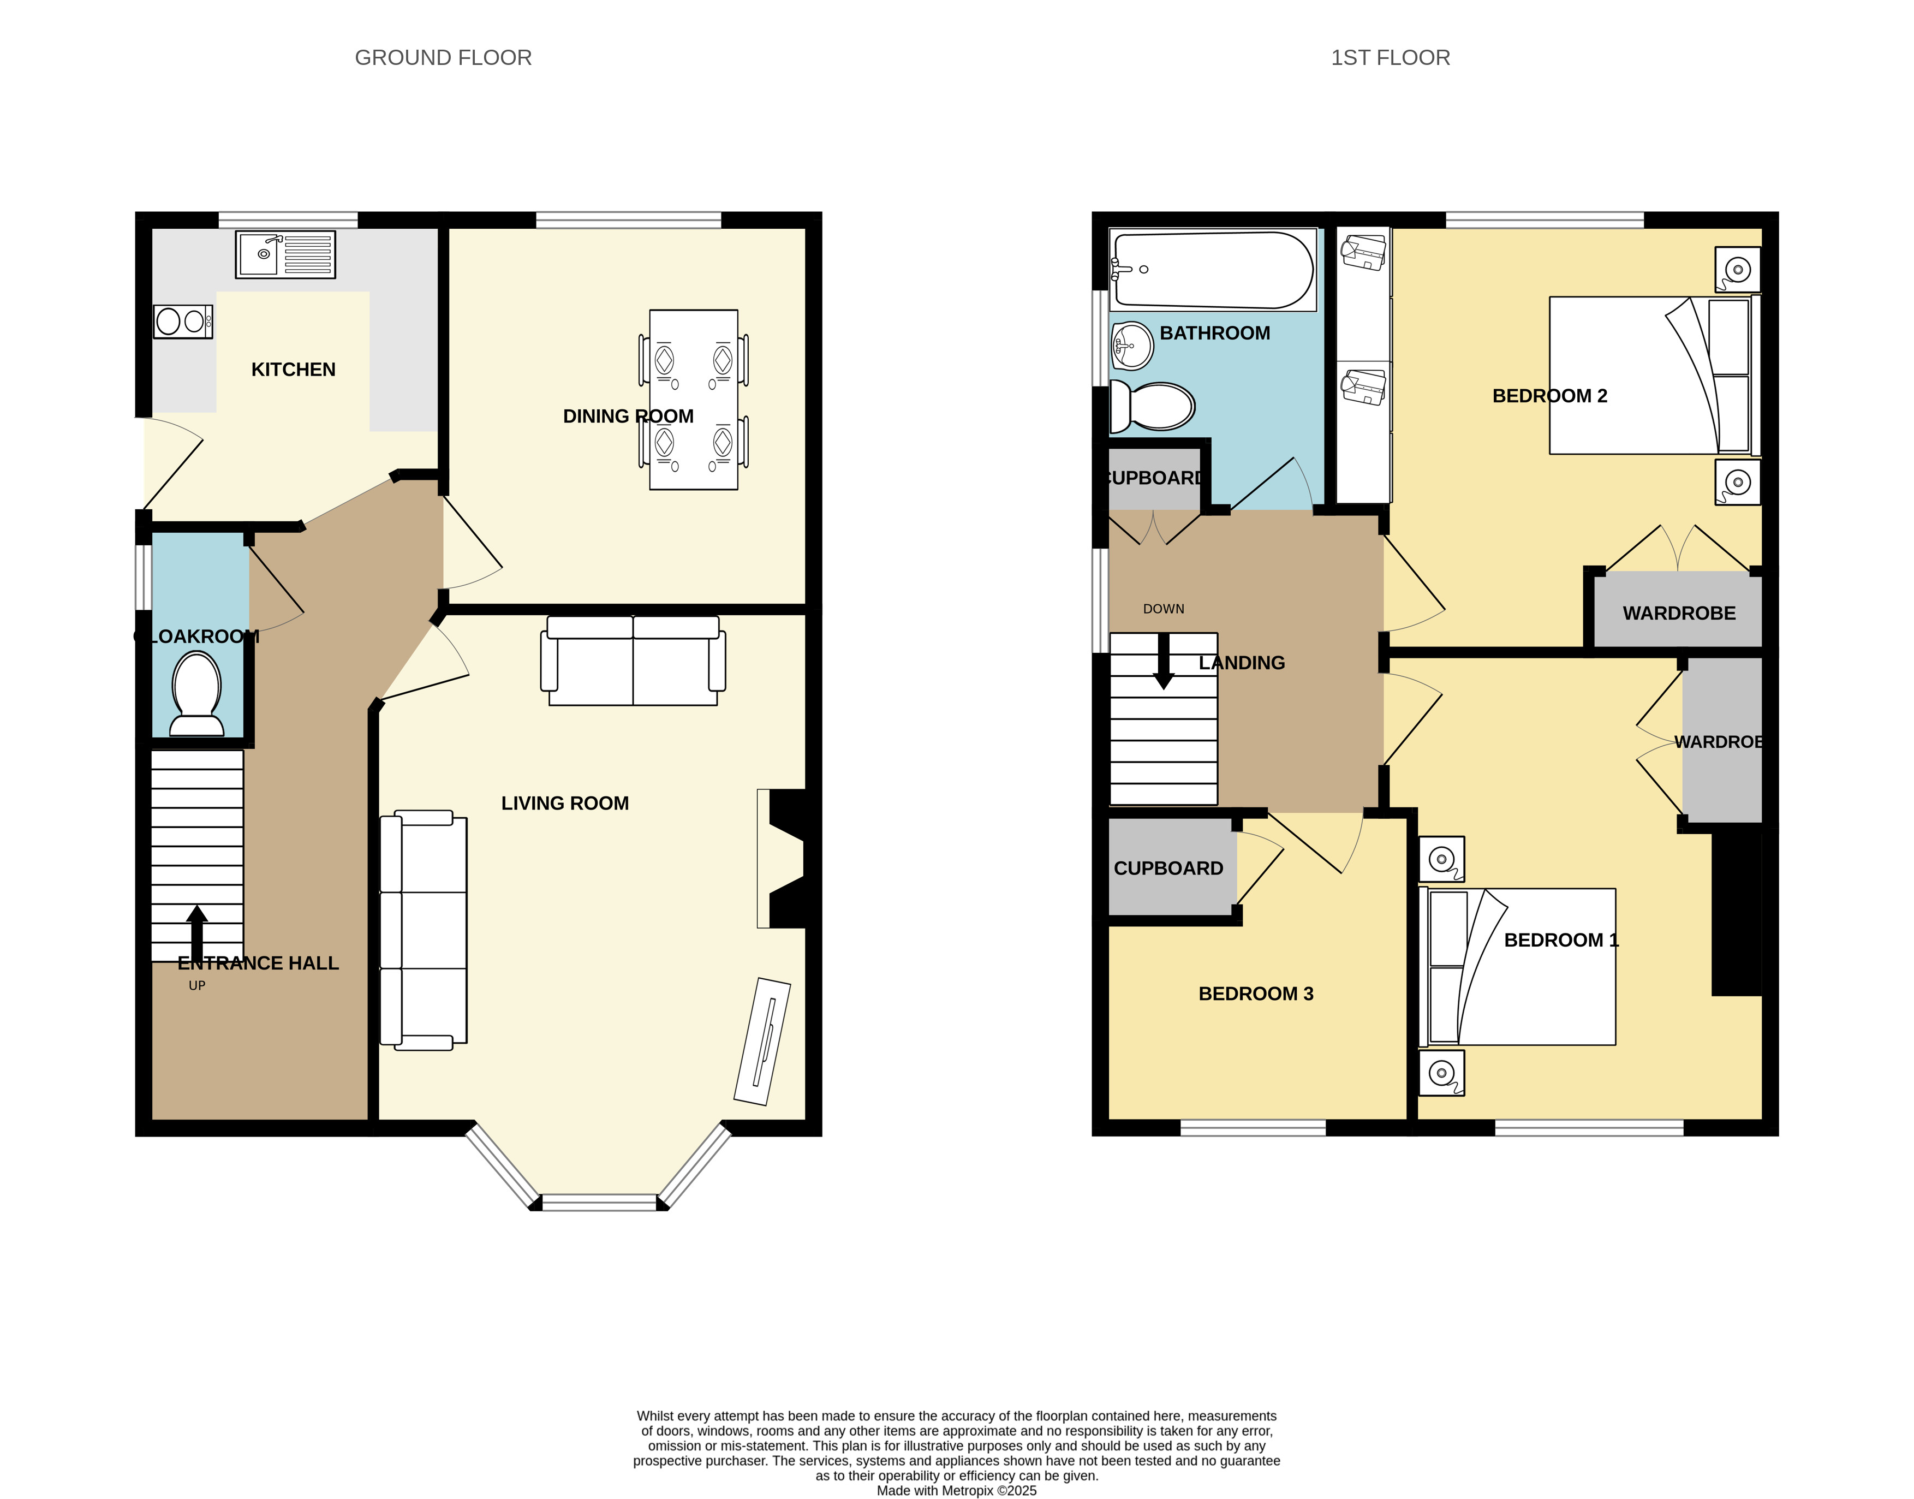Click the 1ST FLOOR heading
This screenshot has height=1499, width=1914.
1390,58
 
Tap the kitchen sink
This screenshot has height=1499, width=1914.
285,254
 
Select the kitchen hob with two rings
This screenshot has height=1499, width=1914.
182,321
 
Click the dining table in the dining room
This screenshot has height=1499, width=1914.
693,400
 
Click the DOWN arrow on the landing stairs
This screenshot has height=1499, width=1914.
1164,661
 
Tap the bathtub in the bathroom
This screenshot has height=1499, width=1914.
1213,270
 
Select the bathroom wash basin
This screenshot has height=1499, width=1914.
1131,346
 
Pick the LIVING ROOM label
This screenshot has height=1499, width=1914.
565,803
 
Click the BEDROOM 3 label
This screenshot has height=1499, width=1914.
1256,994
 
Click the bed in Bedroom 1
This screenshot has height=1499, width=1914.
1517,966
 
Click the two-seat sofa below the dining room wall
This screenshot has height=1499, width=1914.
633,660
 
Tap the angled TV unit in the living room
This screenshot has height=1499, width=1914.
762,1041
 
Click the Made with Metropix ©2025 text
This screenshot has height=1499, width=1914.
957,1490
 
